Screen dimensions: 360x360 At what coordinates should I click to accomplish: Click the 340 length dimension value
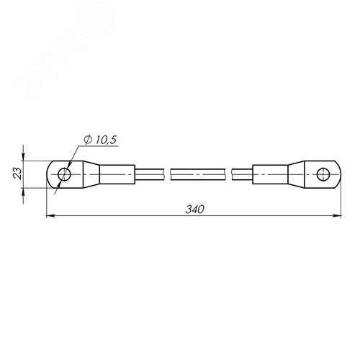click(194, 210)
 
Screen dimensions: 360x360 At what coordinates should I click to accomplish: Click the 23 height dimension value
click(17, 174)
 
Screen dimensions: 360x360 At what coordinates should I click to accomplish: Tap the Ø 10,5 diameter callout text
click(100, 140)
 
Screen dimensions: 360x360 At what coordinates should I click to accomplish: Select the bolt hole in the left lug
click(64, 174)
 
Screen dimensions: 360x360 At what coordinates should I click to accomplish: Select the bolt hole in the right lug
click(323, 174)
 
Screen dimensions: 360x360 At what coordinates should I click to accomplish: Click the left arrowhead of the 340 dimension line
click(50, 216)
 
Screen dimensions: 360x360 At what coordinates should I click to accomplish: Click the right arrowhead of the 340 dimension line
click(338, 216)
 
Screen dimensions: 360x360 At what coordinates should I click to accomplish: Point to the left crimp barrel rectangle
click(117, 174)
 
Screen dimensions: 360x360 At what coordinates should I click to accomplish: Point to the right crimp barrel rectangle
click(270, 174)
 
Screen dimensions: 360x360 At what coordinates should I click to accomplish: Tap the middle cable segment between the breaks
click(198, 174)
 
